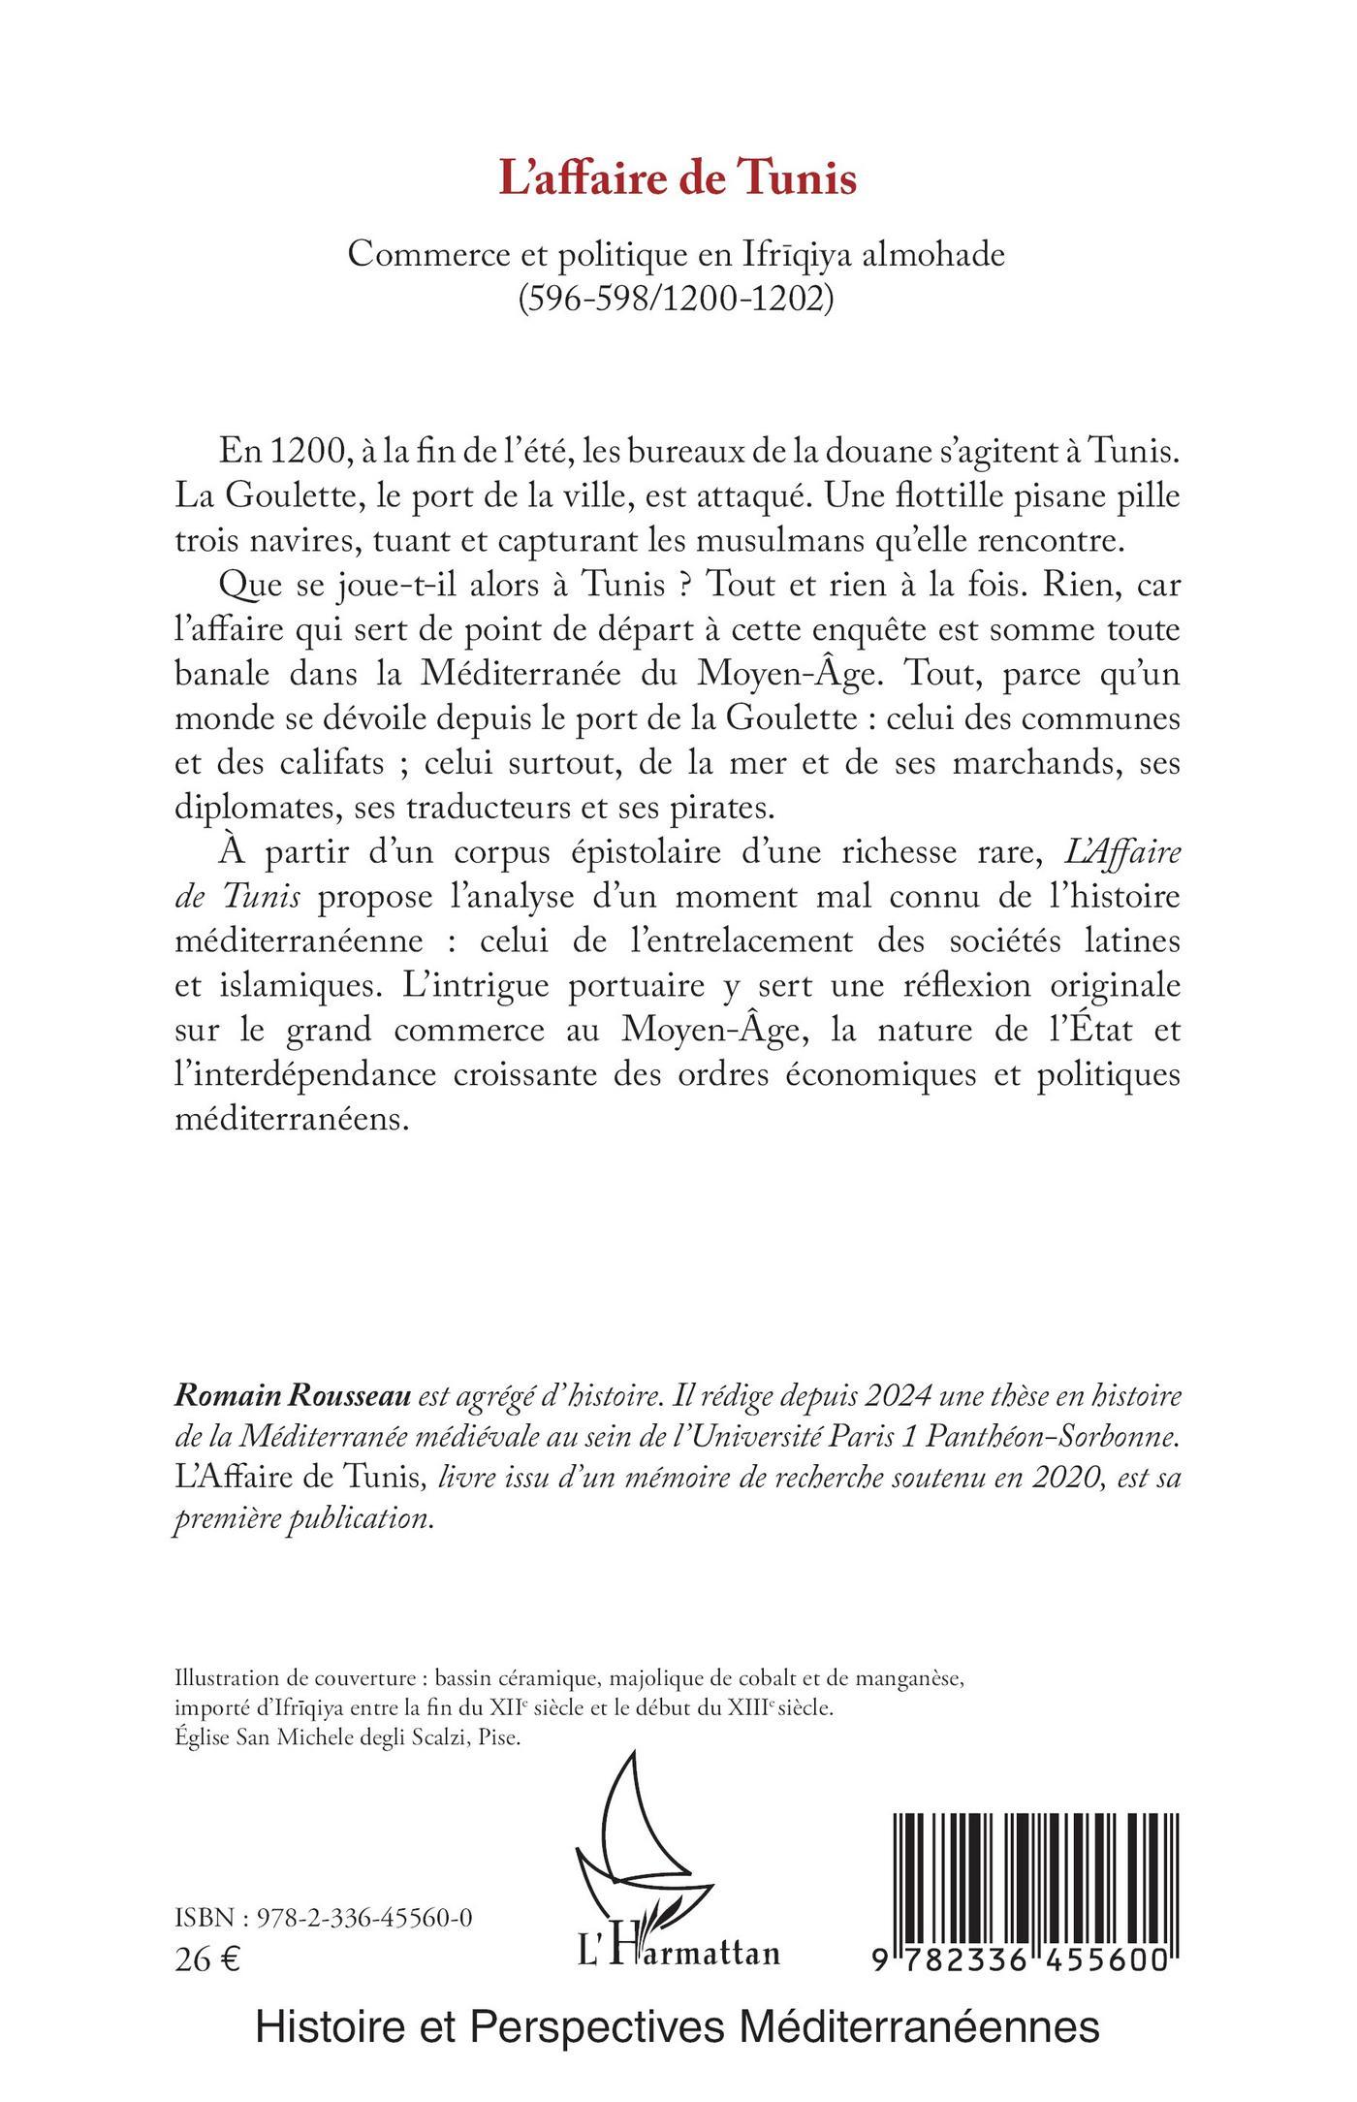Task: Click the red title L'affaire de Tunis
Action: click(x=678, y=180)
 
